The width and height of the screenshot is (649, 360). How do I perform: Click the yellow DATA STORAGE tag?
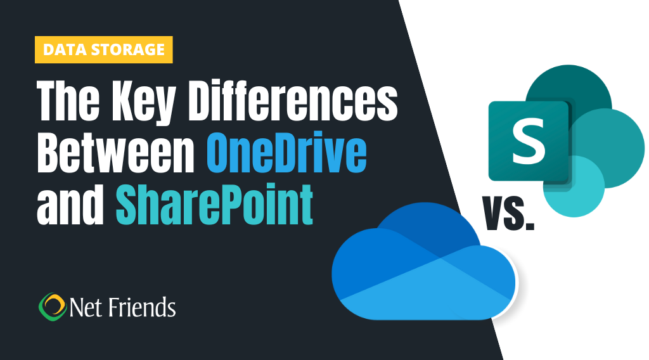[x=103, y=50]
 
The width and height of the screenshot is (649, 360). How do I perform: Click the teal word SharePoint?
[x=214, y=205]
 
